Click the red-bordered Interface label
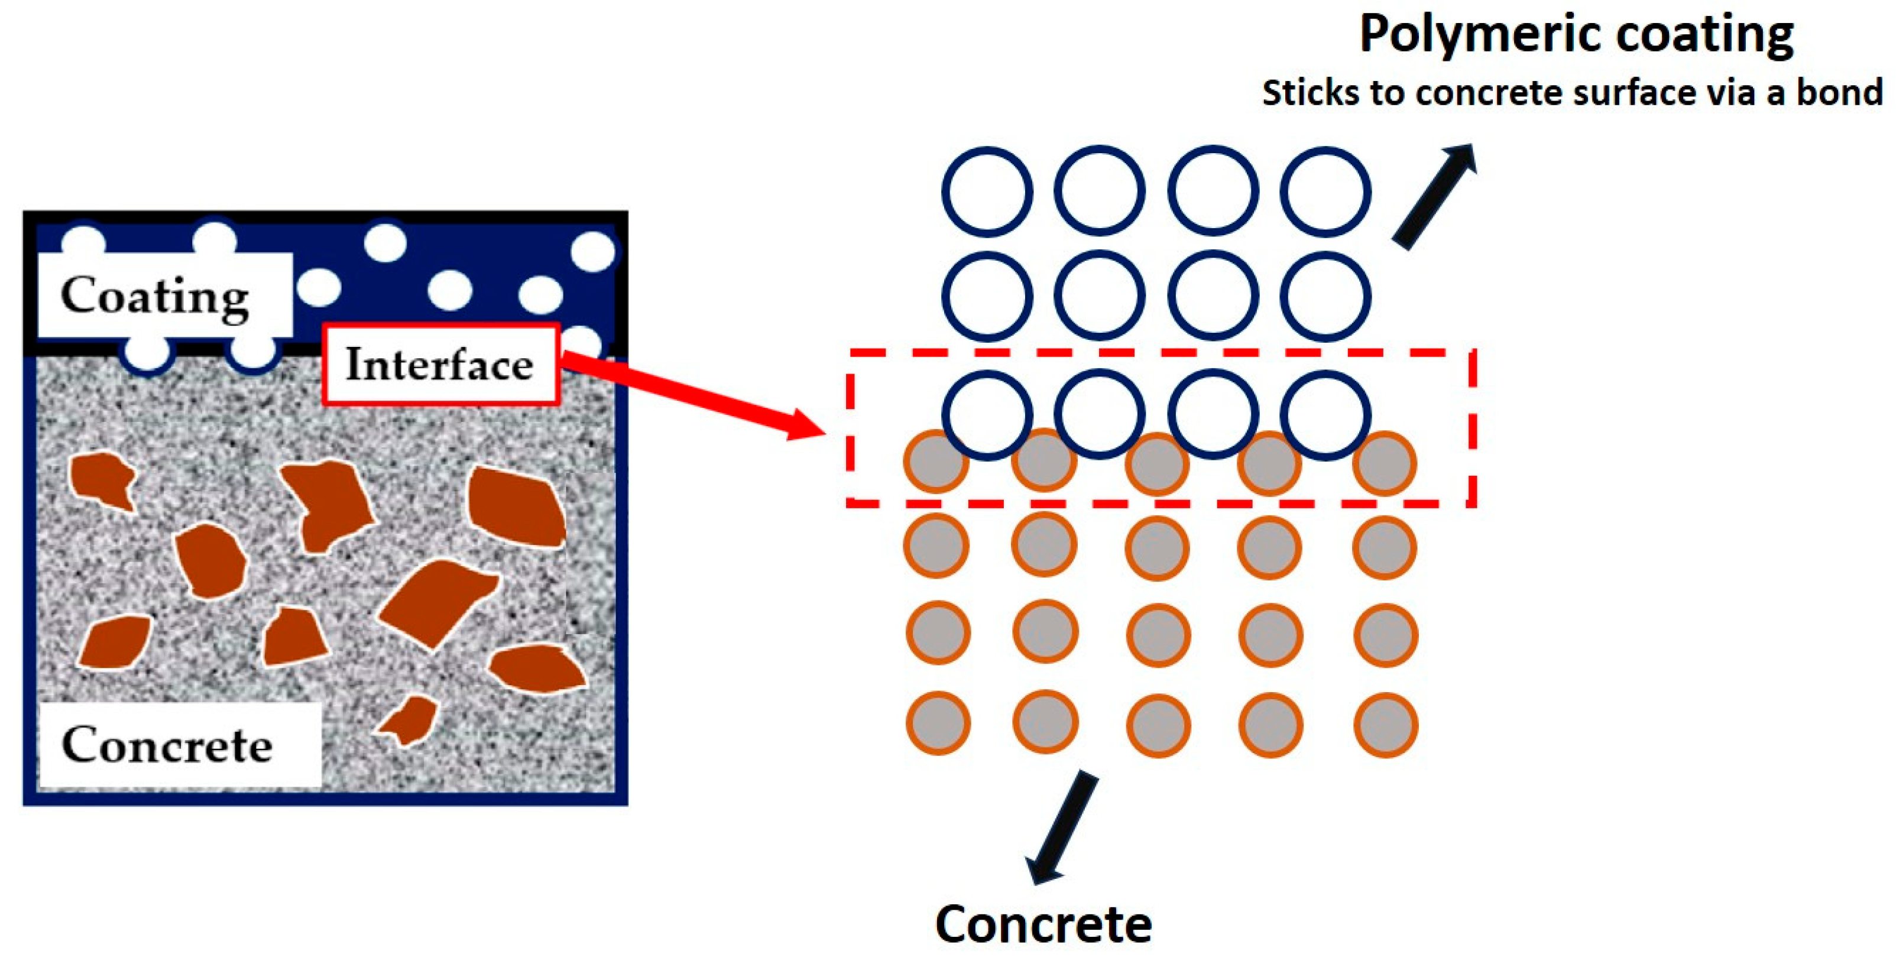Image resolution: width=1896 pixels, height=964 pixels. pyautogui.click(x=440, y=364)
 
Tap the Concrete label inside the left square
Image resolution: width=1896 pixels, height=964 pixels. pyautogui.click(x=168, y=745)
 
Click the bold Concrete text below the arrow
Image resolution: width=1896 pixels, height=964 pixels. pyautogui.click(x=1043, y=924)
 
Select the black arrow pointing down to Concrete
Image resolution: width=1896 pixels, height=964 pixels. pyautogui.click(x=1060, y=828)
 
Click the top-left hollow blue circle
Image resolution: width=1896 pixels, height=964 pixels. pyautogui.click(x=986, y=192)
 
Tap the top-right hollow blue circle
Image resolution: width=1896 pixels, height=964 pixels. pyautogui.click(x=1325, y=192)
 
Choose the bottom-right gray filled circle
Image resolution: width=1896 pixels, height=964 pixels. pyautogui.click(x=1385, y=726)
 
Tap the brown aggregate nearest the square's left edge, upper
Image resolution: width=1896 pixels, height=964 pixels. pyautogui.click(x=101, y=479)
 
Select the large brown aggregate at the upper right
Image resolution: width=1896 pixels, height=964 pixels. pyautogui.click(x=517, y=507)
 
